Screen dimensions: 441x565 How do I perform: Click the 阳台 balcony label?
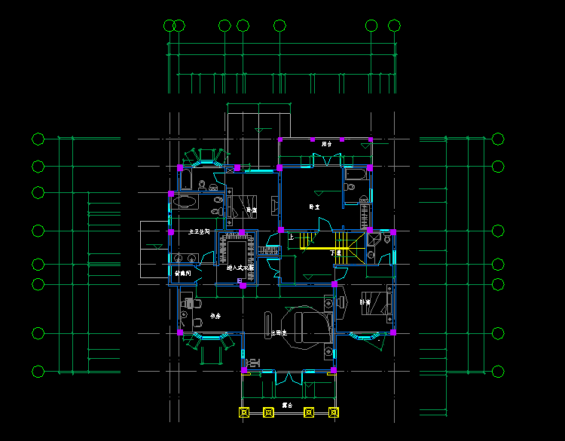coord(326,144)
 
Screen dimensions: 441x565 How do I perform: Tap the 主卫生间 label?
coord(198,233)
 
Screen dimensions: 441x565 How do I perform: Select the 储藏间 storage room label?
coord(183,273)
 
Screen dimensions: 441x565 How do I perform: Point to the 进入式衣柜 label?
coord(240,268)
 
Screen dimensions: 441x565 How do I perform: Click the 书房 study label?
coord(215,316)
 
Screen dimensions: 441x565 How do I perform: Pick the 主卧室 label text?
coord(279,332)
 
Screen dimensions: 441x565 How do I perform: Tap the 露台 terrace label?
coord(287,405)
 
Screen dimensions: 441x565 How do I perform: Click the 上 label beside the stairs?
coord(292,237)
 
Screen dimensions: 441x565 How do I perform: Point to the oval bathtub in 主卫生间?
coord(185,202)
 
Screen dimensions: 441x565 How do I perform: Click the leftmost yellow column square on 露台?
coord(244,412)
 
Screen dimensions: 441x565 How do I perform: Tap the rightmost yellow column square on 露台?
coord(334,412)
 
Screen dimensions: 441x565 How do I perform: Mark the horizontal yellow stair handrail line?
coord(316,248)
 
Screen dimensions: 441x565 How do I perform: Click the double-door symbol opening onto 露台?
coord(288,377)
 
